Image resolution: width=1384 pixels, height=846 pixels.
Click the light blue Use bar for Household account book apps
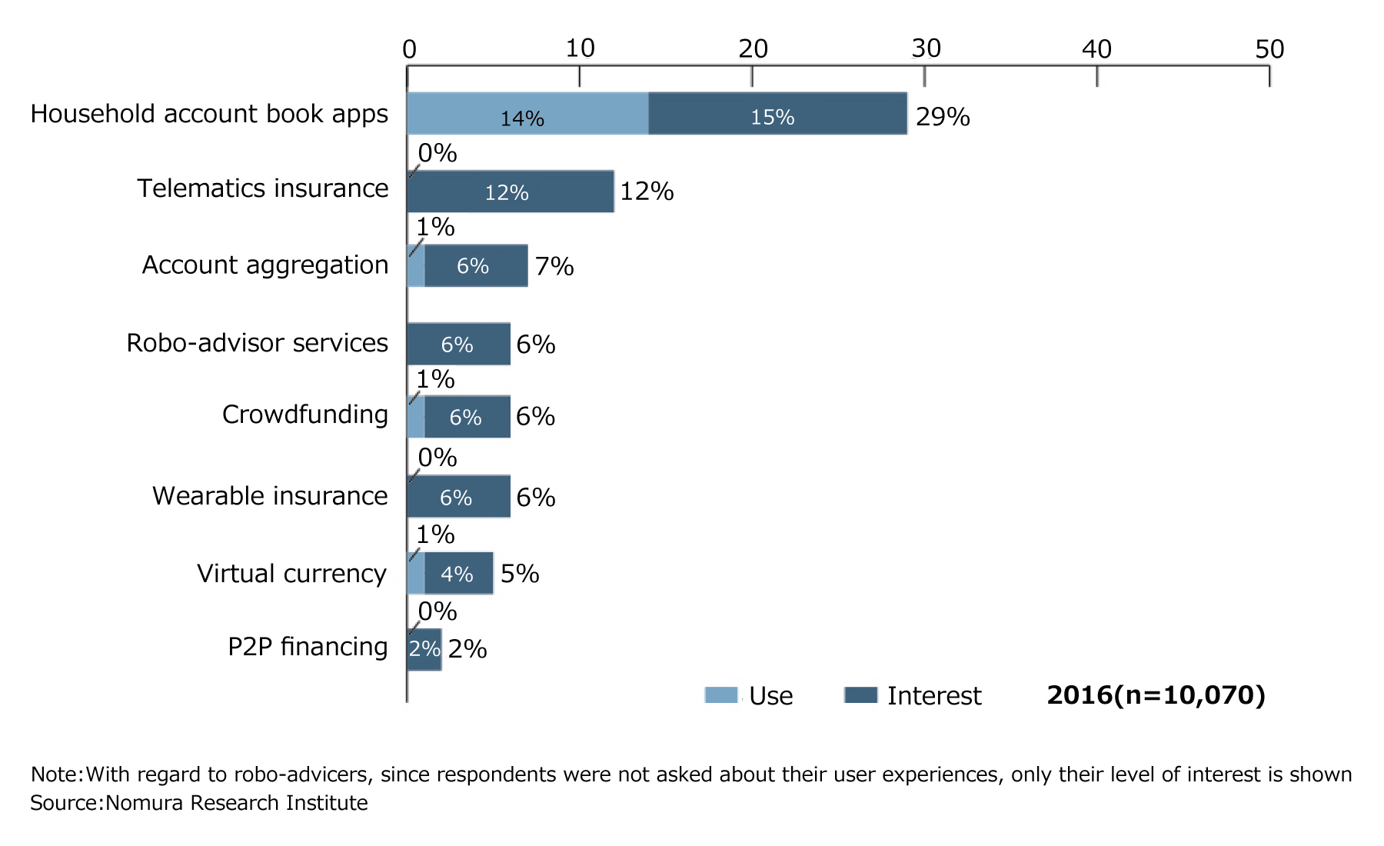tap(527, 114)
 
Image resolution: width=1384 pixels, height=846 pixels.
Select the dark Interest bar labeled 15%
tap(777, 114)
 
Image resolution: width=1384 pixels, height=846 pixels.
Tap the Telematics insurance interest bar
tap(510, 192)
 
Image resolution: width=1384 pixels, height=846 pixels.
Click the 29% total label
tap(942, 117)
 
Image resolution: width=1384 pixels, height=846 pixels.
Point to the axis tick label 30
tap(926, 49)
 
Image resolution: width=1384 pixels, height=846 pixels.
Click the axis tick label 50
tap(1269, 49)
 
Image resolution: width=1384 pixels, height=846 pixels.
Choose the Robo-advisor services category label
tap(257, 343)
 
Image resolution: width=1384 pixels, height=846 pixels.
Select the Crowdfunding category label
tap(304, 415)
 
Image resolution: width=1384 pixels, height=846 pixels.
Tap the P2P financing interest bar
tap(424, 650)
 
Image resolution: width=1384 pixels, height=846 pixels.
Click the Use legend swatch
tap(720, 695)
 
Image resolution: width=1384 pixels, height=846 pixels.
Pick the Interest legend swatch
tap(860, 695)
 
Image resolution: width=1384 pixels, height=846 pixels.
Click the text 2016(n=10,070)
tap(1156, 695)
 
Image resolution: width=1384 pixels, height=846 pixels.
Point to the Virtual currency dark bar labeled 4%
tap(458, 574)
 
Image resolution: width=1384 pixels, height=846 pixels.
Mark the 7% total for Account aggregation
tap(554, 267)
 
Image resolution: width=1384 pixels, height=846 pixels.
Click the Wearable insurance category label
tap(270, 496)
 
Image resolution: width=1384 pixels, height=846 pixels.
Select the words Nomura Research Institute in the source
tap(237, 803)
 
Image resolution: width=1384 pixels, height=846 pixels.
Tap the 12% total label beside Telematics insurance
tap(647, 192)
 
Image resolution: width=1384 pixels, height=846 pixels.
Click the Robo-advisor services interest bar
tap(458, 344)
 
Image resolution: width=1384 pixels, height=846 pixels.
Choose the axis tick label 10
tap(580, 49)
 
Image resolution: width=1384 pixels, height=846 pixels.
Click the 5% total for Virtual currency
tap(520, 574)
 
